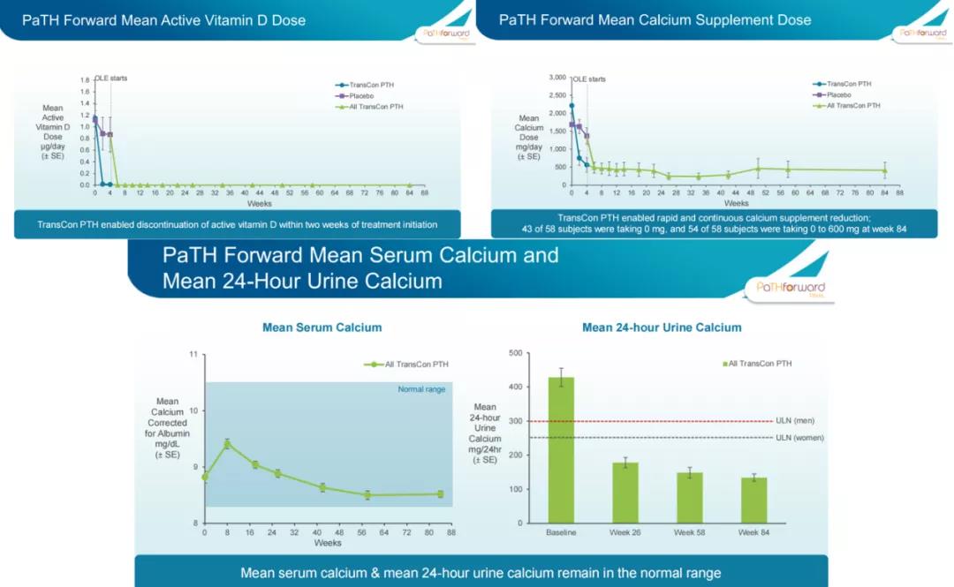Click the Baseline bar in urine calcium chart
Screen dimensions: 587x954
tap(561, 450)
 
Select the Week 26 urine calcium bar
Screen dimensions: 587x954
tap(625, 493)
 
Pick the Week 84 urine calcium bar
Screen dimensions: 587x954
tap(753, 500)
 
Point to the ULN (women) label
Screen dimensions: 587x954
tap(799, 438)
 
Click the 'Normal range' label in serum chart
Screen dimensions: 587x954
tap(422, 389)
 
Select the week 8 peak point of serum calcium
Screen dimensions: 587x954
tap(227, 444)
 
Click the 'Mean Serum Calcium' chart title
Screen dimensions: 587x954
tap(322, 327)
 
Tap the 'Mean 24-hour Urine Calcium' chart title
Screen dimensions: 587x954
tap(662, 327)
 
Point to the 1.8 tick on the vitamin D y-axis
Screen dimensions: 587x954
tap(85, 79)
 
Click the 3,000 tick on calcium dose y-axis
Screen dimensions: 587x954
tap(556, 78)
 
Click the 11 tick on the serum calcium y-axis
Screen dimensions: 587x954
tap(193, 355)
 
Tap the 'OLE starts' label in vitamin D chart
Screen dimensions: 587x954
tap(111, 78)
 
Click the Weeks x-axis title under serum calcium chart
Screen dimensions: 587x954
tap(328, 543)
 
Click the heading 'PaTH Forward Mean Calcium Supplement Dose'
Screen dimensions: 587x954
tap(655, 19)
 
